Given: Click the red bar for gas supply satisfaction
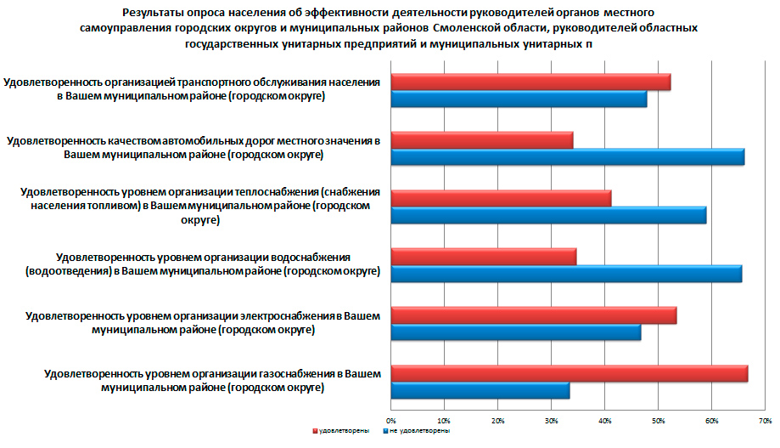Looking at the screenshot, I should click(569, 374).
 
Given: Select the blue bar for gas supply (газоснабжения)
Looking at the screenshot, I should click(480, 391).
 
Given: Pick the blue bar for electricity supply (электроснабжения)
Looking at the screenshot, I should click(515, 332).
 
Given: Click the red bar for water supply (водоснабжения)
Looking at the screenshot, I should click(483, 257).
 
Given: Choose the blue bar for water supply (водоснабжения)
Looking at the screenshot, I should click(566, 274).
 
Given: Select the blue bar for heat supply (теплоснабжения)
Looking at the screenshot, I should click(548, 215).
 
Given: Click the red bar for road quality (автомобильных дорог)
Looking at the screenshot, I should click(481, 140).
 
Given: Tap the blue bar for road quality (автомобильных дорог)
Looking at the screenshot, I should click(567, 156).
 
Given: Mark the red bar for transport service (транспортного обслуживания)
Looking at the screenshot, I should click(530, 82).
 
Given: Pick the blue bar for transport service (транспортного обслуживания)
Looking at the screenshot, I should click(519, 99).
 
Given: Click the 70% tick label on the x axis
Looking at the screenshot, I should click(765, 420).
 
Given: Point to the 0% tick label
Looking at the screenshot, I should click(391, 420).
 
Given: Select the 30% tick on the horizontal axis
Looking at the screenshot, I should click(551, 420).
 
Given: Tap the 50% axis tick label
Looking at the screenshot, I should click(658, 420).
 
